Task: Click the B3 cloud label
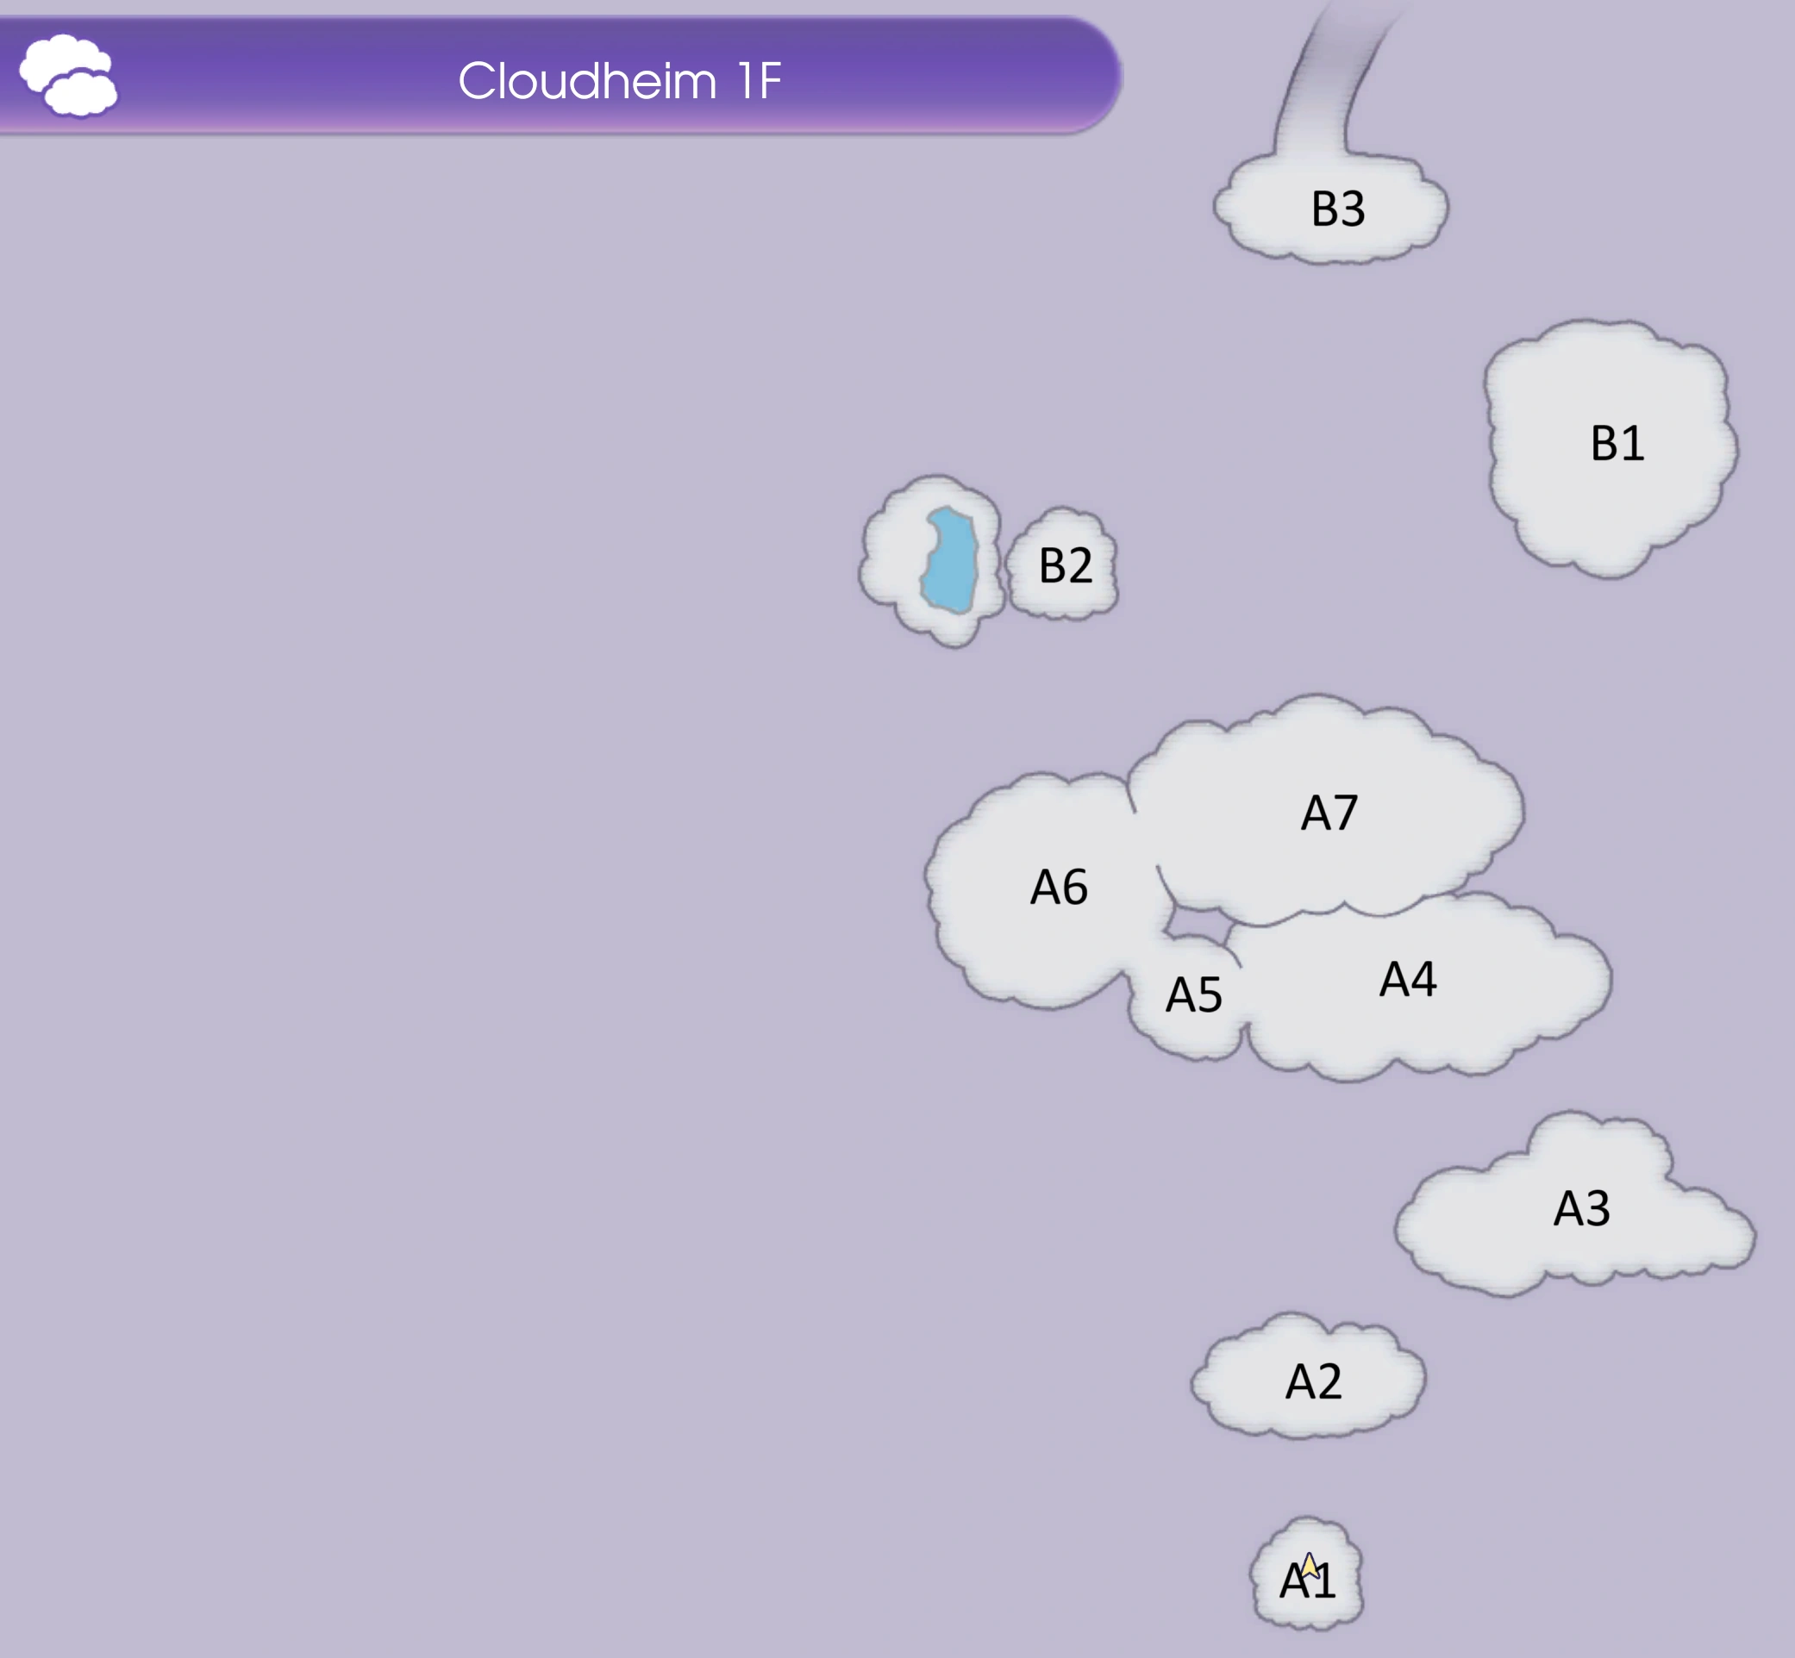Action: tap(1337, 209)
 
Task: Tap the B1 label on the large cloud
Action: tap(1617, 443)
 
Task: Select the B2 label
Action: tap(1066, 565)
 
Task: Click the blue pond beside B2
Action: tap(950, 561)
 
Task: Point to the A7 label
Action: tap(1329, 813)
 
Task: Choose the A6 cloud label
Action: tap(1059, 888)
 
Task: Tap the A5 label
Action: tap(1194, 995)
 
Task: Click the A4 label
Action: tap(1407, 979)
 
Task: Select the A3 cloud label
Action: tap(1581, 1208)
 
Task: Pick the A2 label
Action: tap(1313, 1381)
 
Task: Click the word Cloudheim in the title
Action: tap(587, 82)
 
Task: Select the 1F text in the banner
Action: tap(760, 82)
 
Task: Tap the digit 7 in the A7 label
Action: tap(1344, 813)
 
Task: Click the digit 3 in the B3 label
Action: tap(1352, 209)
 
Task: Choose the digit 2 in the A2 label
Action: tap(1328, 1381)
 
